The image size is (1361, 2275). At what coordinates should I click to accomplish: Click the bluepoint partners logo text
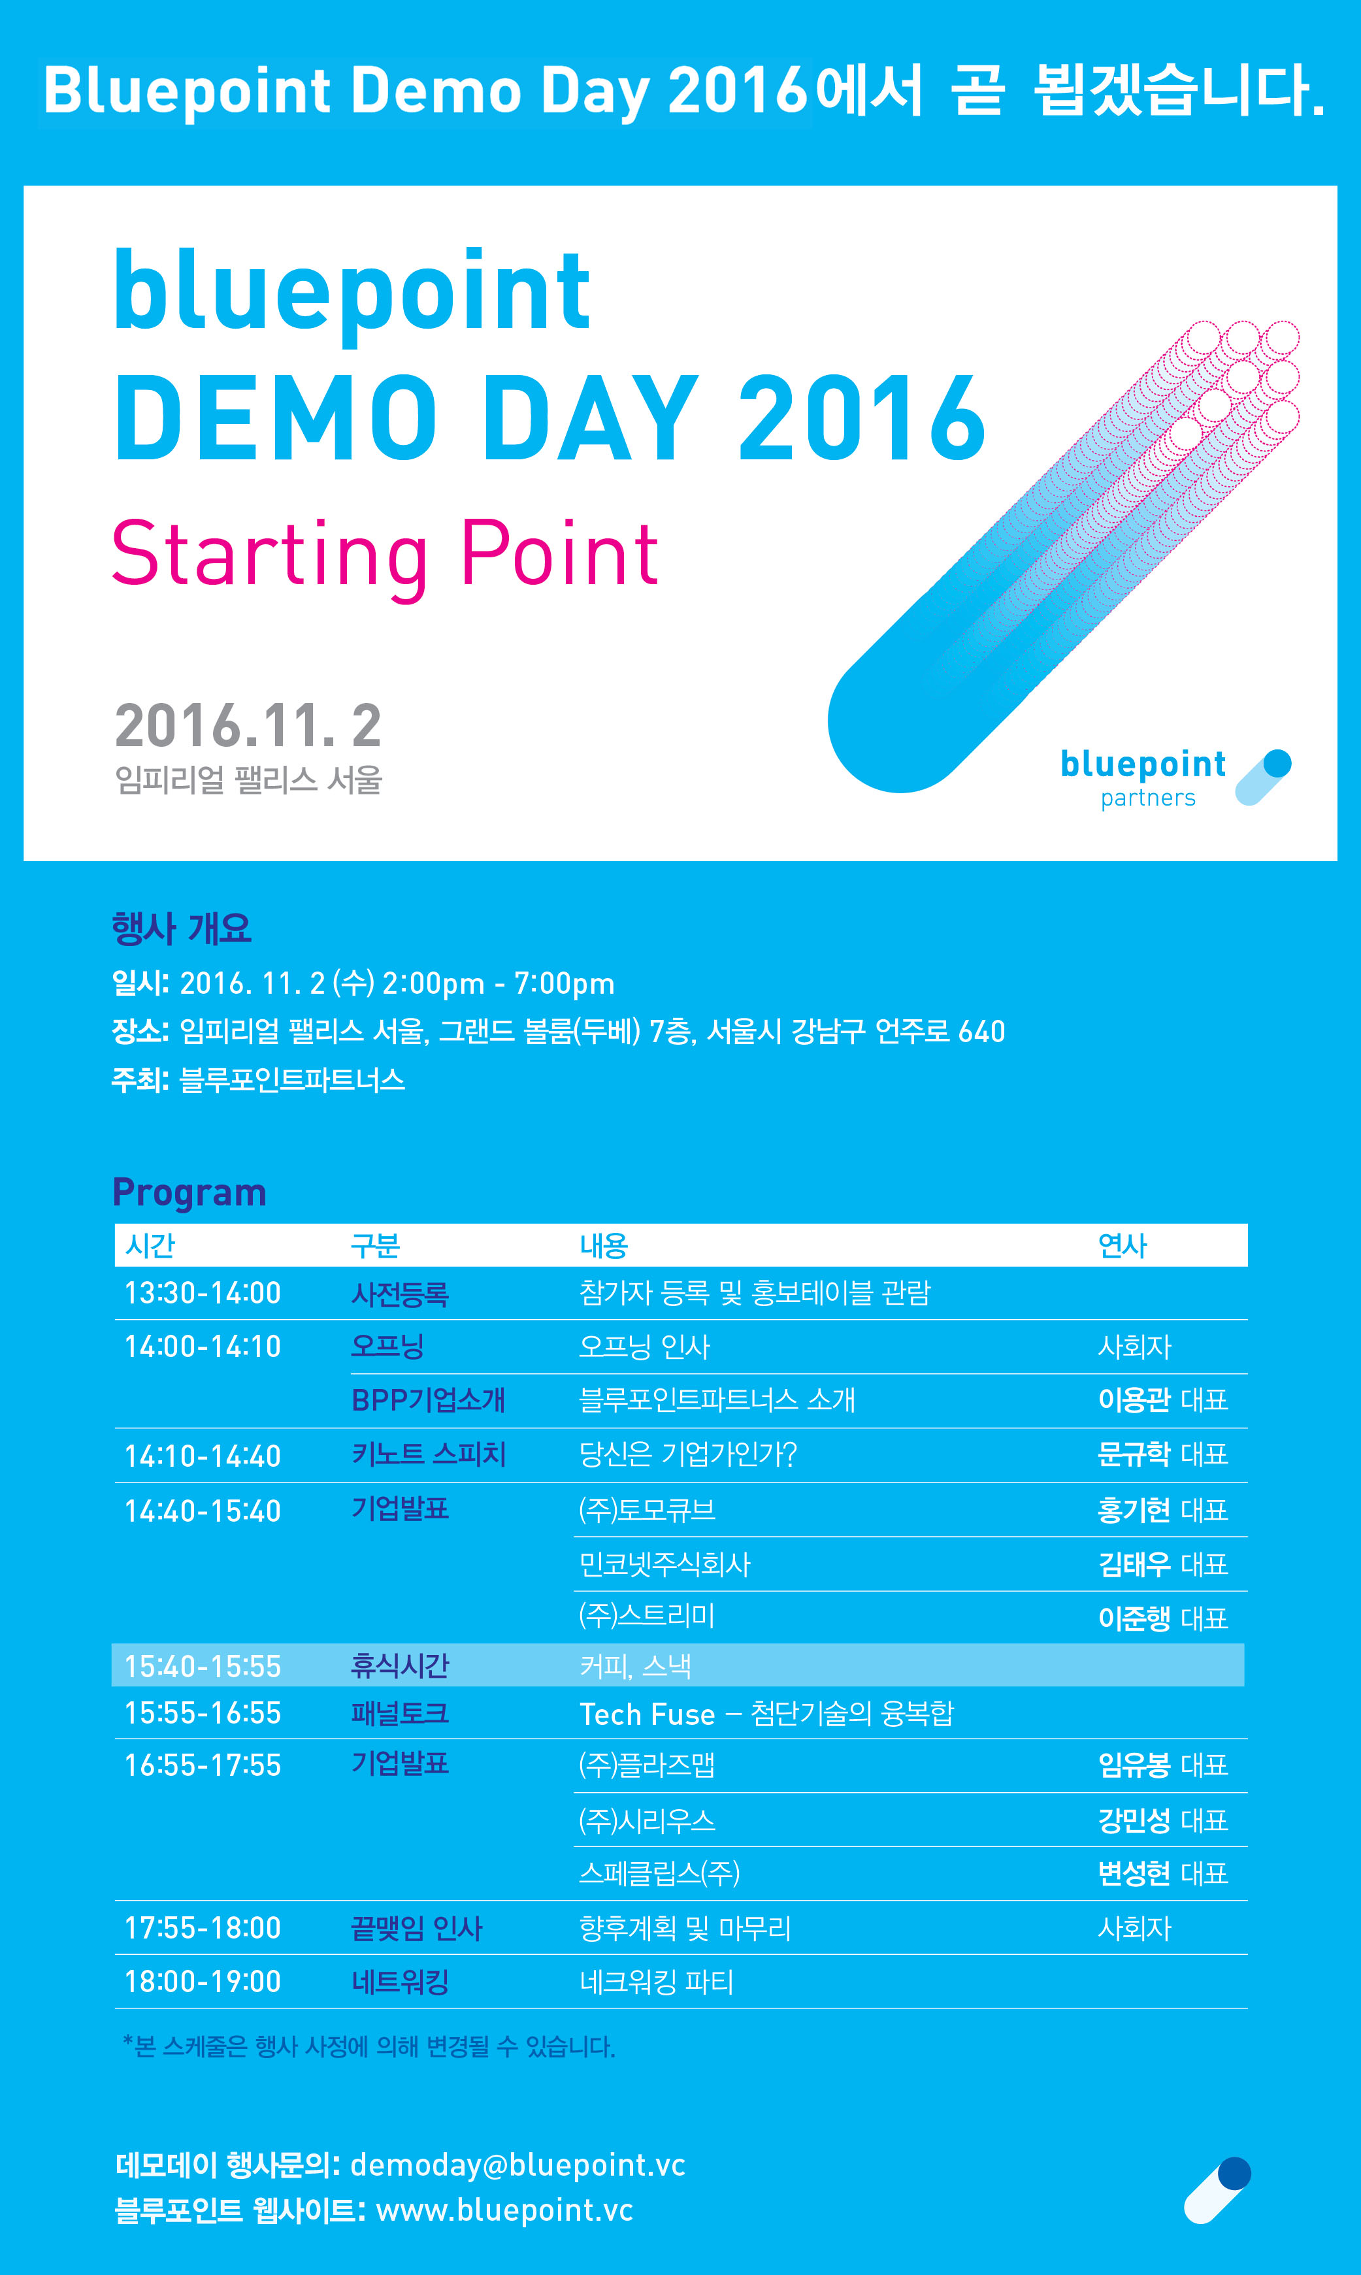1143,777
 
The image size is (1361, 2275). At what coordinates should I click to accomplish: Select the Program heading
189,1193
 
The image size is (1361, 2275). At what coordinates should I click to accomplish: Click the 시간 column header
150,1245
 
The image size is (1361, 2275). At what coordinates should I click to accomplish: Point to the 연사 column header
1123,1245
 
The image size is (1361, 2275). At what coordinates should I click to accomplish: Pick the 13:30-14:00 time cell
203,1293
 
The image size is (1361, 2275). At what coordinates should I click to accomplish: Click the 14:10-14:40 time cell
203,1456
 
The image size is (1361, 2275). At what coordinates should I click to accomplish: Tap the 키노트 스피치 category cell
428,1454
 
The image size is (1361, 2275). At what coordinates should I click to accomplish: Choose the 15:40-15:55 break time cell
203,1666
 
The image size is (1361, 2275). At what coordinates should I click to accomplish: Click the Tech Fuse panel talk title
766,1714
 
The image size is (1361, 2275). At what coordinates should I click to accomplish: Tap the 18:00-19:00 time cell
203,1982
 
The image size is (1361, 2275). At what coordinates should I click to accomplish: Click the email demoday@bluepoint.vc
518,2165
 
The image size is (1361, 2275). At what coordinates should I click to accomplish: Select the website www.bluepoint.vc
504,2211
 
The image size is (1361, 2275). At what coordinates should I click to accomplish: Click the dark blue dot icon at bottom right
1234,2173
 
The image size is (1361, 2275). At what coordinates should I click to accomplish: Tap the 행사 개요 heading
182,929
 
